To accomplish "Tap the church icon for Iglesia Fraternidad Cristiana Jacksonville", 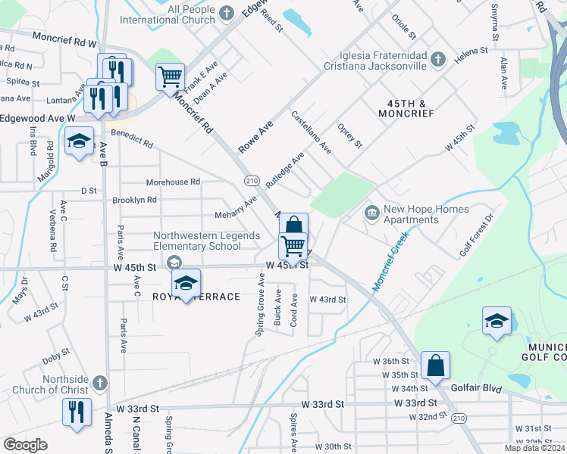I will tap(437, 58).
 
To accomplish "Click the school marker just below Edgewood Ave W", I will tap(79, 141).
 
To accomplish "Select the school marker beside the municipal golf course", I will tap(497, 320).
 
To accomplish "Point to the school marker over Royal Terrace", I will tap(185, 282).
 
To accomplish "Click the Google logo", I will tap(25, 445).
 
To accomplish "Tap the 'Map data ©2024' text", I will tap(534, 448).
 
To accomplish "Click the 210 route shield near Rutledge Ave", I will tap(252, 180).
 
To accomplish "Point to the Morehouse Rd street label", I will tap(173, 182).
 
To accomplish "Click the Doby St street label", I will tap(56, 352).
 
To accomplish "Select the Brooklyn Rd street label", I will tap(134, 201).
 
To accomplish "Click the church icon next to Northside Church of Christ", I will tap(100, 383).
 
